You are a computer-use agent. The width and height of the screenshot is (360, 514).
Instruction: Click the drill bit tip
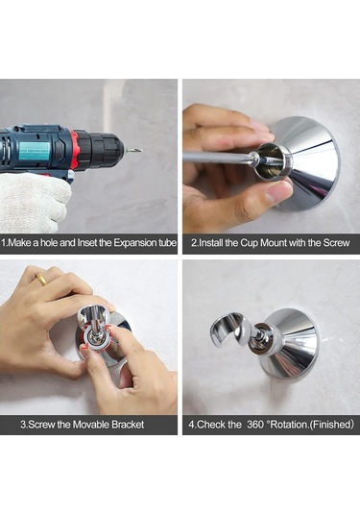141,151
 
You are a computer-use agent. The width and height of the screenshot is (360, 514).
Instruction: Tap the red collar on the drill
75,147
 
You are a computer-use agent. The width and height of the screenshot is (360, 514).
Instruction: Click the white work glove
30,201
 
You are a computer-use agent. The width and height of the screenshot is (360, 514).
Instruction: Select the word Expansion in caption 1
135,243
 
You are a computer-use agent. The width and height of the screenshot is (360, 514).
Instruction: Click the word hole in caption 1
50,243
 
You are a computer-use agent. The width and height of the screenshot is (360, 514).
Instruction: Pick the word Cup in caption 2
249,243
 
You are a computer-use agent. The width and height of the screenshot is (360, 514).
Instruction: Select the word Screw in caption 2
336,243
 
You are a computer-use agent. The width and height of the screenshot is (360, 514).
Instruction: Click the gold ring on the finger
41,280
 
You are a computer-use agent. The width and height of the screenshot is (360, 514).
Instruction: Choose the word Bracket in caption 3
128,425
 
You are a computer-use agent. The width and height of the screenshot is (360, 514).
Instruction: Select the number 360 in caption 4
255,425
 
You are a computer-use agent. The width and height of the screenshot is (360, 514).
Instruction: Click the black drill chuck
102,149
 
